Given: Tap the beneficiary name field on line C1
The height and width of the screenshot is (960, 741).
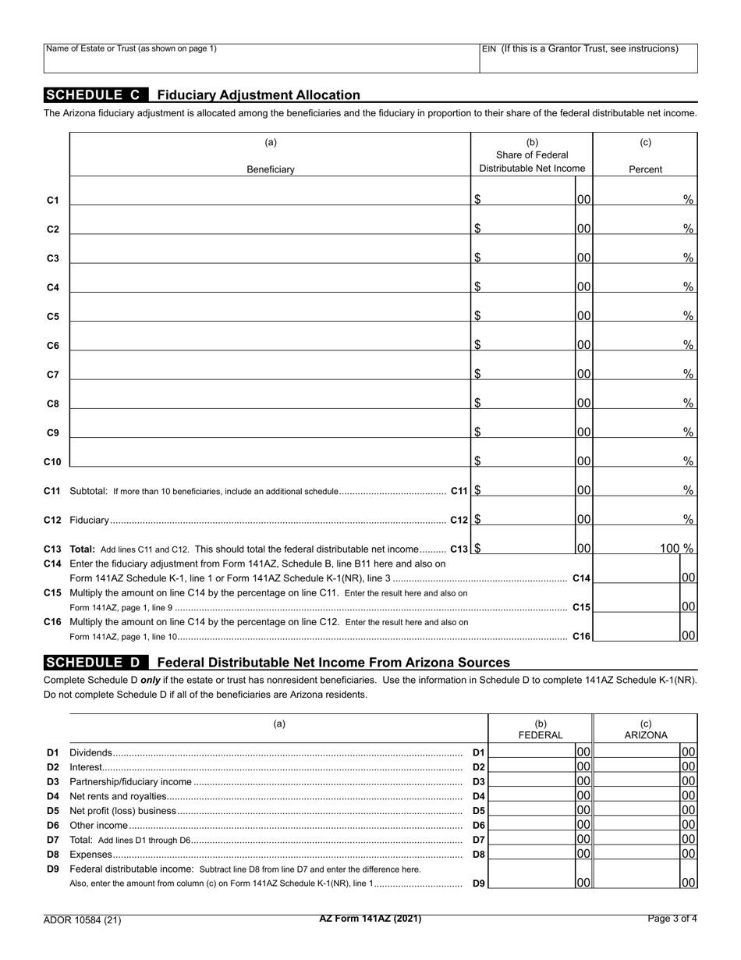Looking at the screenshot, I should pyautogui.click(x=270, y=195).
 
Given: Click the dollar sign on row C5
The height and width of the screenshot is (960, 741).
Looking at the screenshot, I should pyautogui.click(x=477, y=316).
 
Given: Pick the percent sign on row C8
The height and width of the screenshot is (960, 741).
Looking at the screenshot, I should pyautogui.click(x=688, y=403).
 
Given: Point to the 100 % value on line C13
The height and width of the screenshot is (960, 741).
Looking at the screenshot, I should pyautogui.click(x=676, y=548).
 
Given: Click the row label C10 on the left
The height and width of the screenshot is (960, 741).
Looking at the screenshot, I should pyautogui.click(x=52, y=462).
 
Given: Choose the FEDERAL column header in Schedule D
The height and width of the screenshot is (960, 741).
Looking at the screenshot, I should pyautogui.click(x=541, y=734).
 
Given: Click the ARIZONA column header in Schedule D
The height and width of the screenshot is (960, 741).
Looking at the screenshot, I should pyautogui.click(x=645, y=734).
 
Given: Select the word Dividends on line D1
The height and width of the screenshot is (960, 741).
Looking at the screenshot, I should pyautogui.click(x=91, y=753).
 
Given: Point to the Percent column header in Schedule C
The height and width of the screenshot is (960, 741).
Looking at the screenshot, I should pyautogui.click(x=645, y=169).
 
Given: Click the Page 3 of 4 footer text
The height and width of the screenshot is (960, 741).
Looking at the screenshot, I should pyautogui.click(x=672, y=919).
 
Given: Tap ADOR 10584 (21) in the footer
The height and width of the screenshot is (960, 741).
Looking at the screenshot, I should pyautogui.click(x=83, y=919).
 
